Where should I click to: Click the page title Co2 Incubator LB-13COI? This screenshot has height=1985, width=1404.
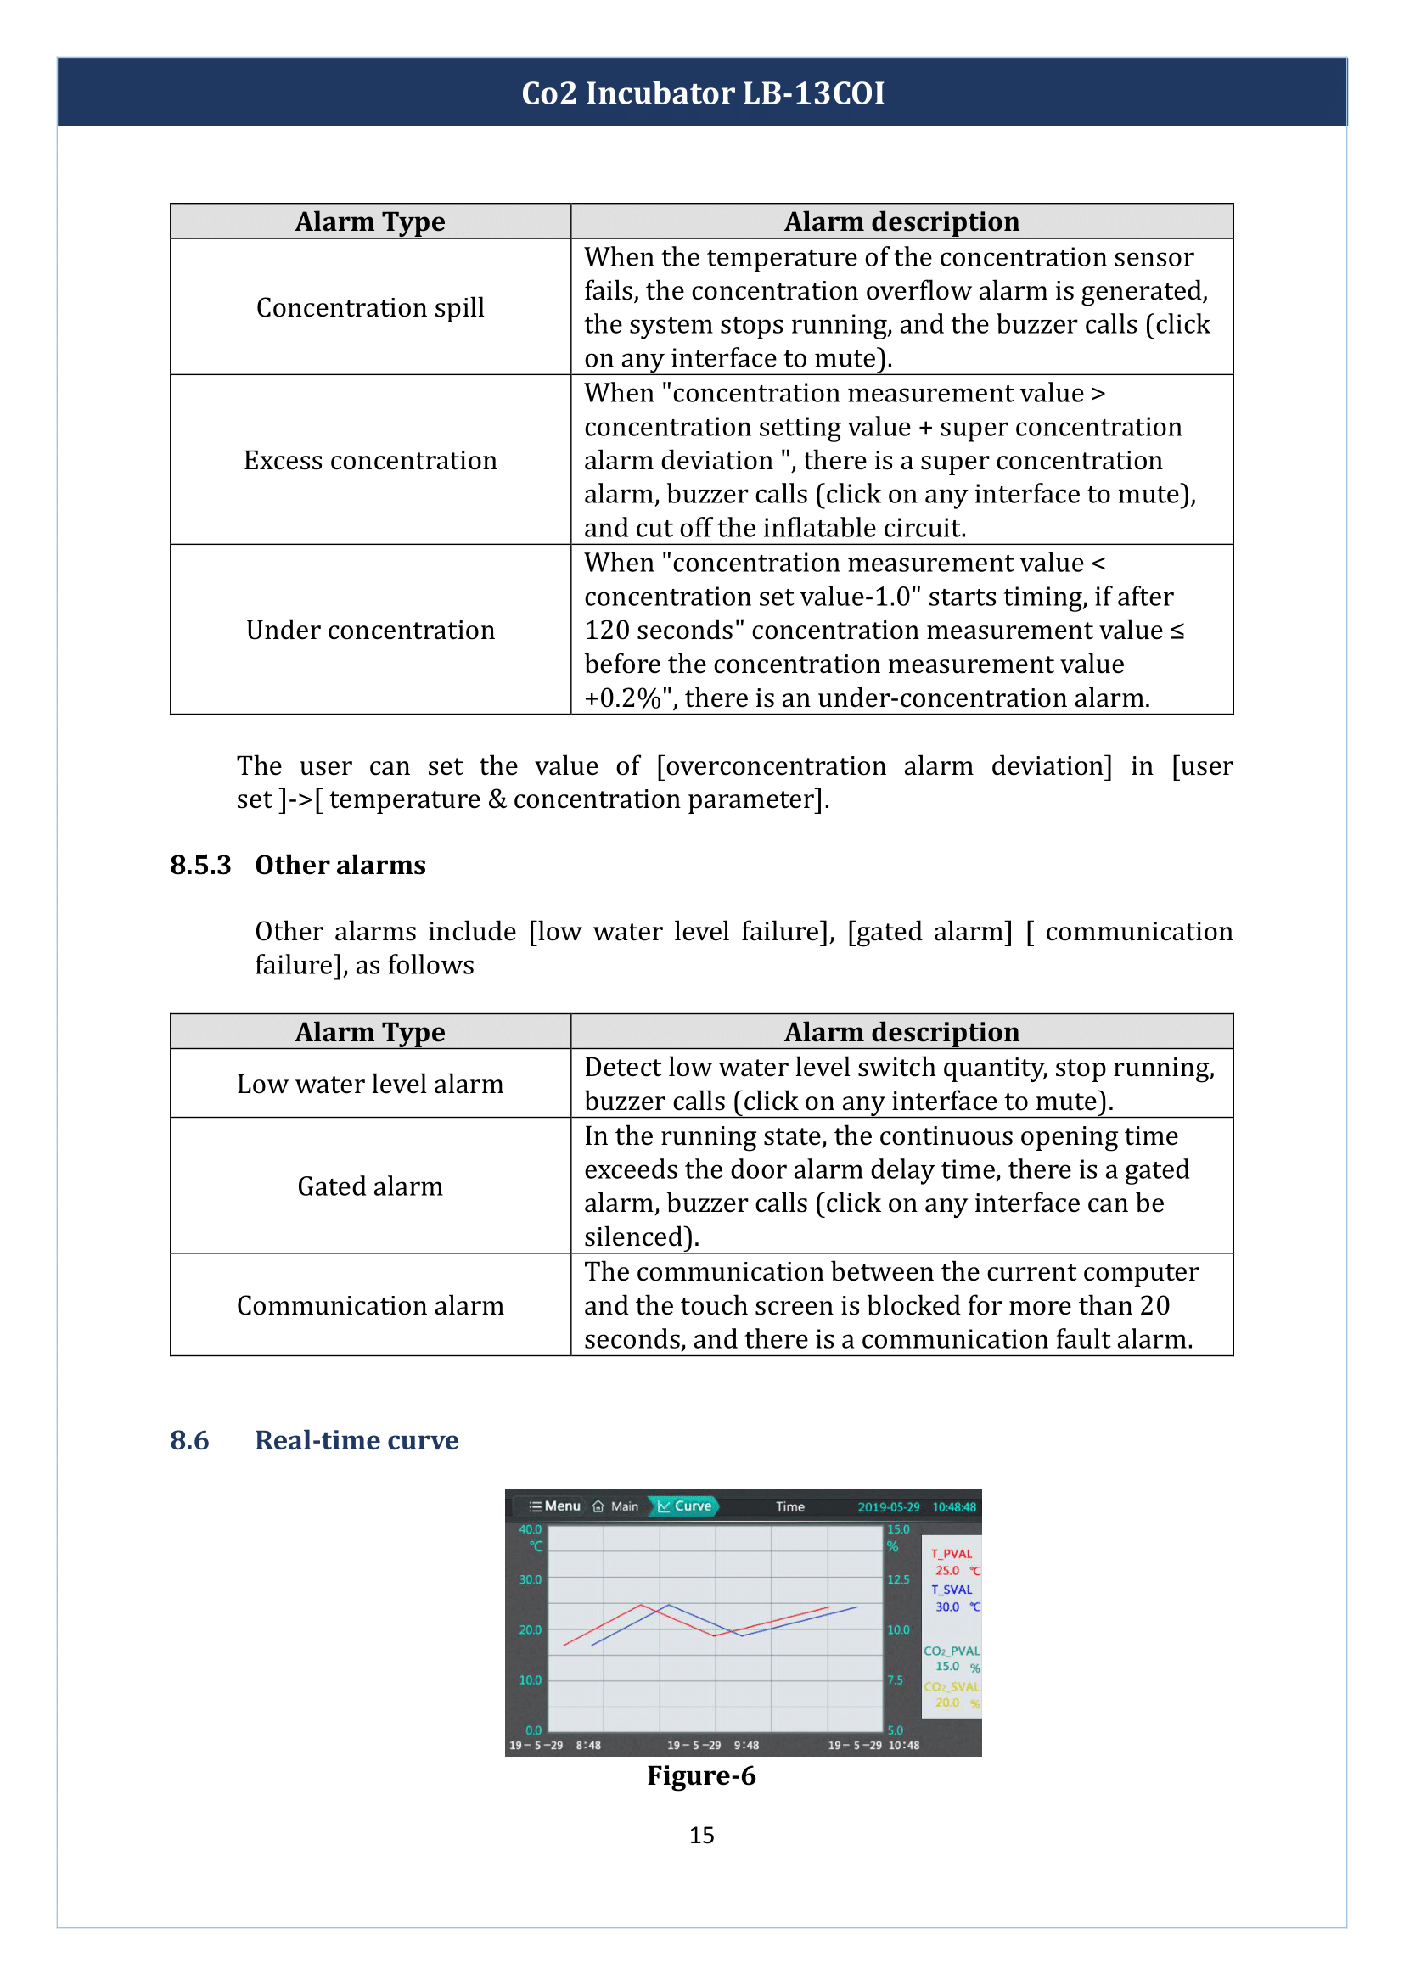[702, 93]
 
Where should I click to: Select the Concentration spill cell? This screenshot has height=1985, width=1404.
[370, 308]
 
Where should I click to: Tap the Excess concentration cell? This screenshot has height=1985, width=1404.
[370, 461]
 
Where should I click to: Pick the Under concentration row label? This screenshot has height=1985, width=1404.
[370, 631]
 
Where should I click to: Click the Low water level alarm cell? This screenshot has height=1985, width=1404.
[370, 1084]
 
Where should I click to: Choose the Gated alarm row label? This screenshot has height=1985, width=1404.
[370, 1186]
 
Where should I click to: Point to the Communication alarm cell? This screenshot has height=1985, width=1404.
[370, 1305]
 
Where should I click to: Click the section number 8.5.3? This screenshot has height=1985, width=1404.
[200, 866]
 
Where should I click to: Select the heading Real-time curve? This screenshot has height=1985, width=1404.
[357, 1440]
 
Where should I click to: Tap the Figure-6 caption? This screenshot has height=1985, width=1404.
[701, 1775]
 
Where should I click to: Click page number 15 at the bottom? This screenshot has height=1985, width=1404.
[701, 1836]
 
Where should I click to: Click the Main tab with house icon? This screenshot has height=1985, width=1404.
[616, 1507]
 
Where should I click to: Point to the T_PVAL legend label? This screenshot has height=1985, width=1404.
[951, 1554]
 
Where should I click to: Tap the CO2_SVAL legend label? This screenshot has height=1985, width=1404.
[951, 1687]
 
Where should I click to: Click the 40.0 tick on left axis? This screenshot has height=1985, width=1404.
[530, 1529]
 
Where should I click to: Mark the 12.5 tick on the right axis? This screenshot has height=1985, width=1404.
[898, 1579]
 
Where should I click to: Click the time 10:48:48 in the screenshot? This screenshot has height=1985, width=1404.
[953, 1507]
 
